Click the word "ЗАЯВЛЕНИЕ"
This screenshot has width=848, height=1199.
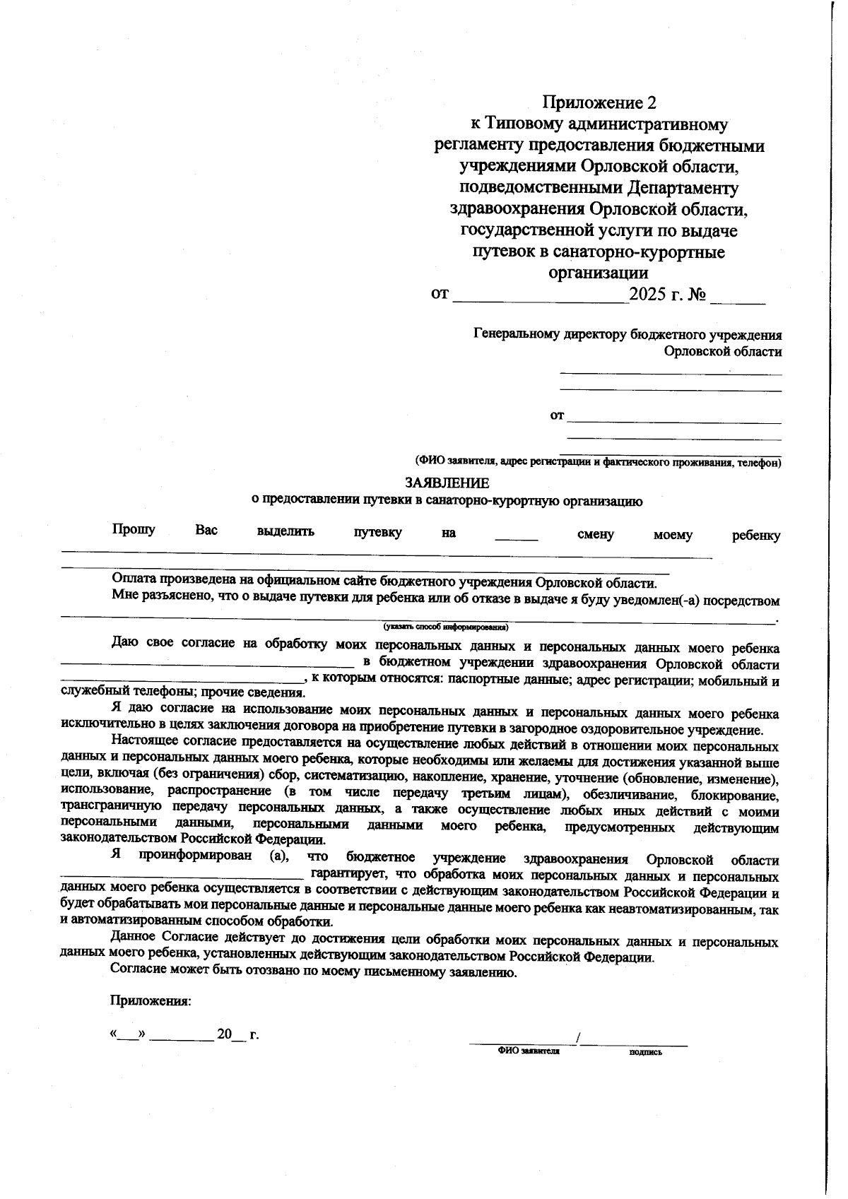click(x=447, y=483)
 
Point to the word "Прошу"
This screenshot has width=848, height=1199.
click(x=134, y=530)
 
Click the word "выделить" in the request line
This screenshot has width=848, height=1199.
click(x=285, y=531)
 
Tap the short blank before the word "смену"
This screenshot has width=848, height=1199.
click(x=516, y=537)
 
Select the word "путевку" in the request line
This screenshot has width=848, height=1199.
click(x=378, y=533)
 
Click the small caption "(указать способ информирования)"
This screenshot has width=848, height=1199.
click(x=446, y=627)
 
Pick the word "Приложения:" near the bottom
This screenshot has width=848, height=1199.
click(x=151, y=1001)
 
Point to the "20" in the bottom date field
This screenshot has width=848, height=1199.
click(x=225, y=1034)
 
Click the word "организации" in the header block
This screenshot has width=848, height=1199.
click(x=599, y=273)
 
